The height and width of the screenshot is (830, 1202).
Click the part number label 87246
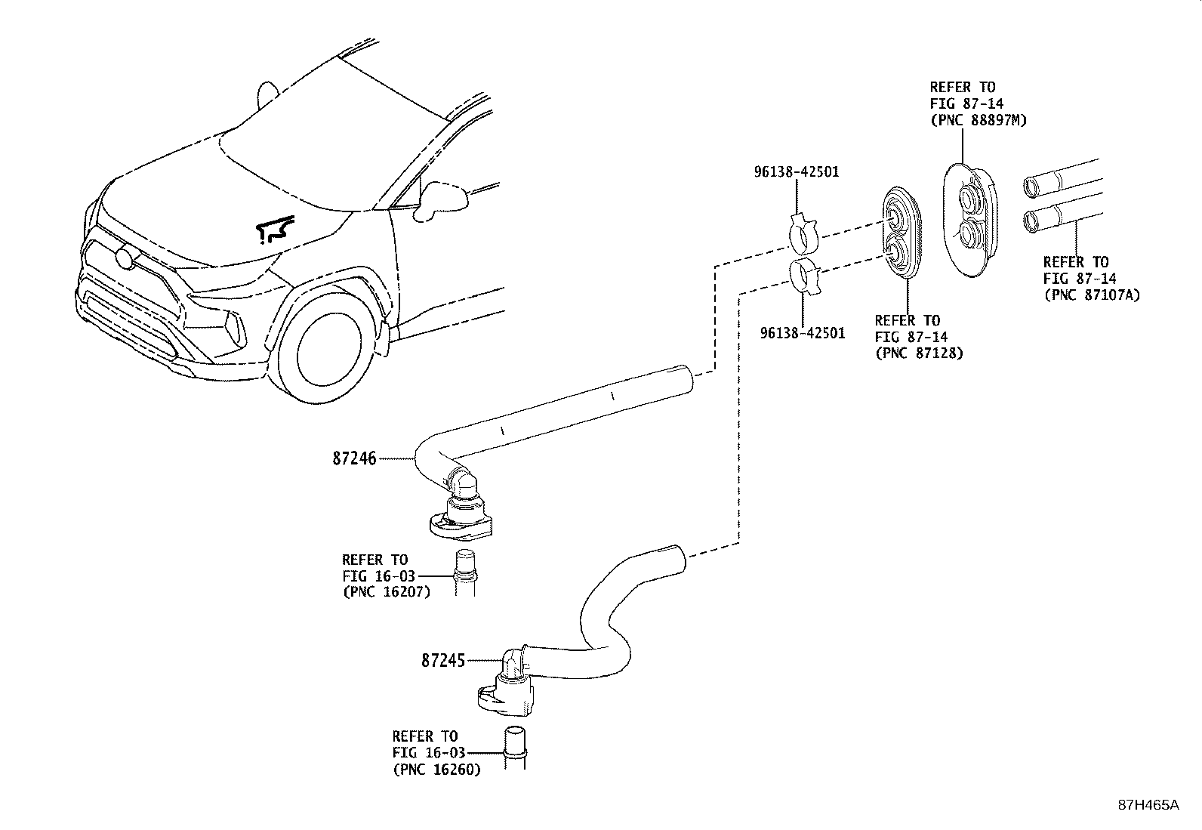354,458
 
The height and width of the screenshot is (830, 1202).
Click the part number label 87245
443,660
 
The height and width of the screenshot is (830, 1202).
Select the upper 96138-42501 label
796,172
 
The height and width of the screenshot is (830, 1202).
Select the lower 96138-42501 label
802,332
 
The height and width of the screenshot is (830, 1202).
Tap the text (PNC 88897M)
978,120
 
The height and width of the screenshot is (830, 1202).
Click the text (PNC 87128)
919,353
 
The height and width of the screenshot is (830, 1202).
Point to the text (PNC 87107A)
1091,295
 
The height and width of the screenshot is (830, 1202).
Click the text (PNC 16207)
386,591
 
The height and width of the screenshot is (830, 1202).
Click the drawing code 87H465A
1148,805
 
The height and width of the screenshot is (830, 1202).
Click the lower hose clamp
807,276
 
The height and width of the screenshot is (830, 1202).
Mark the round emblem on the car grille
125,258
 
